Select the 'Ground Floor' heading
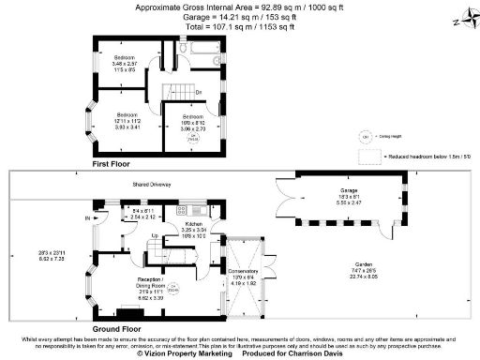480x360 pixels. pos(116,329)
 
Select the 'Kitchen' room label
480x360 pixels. pos(194,225)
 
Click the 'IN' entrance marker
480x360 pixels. pos(89,218)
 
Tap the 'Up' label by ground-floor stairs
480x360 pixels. pos(155,236)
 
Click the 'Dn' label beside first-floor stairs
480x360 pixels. pos(200,90)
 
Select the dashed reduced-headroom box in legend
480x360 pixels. pos(368,159)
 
